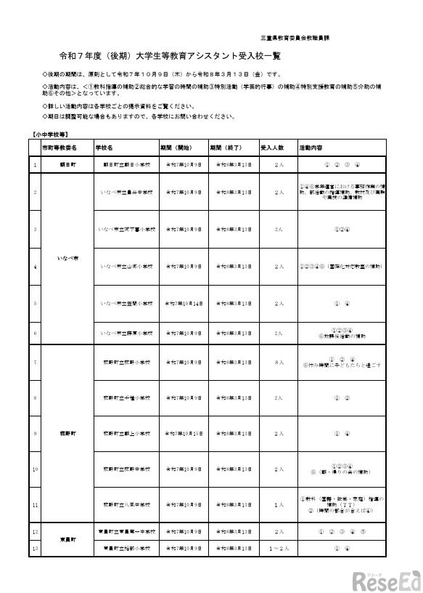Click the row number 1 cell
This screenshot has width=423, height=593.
[35, 165]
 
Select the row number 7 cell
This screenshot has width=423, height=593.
[35, 361]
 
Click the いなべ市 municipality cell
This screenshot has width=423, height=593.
[67, 257]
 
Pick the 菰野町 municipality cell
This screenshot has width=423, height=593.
[67, 433]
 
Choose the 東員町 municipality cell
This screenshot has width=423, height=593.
[67, 539]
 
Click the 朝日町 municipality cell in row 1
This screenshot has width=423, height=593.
[67, 165]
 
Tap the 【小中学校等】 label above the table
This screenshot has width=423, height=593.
[51, 134]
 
